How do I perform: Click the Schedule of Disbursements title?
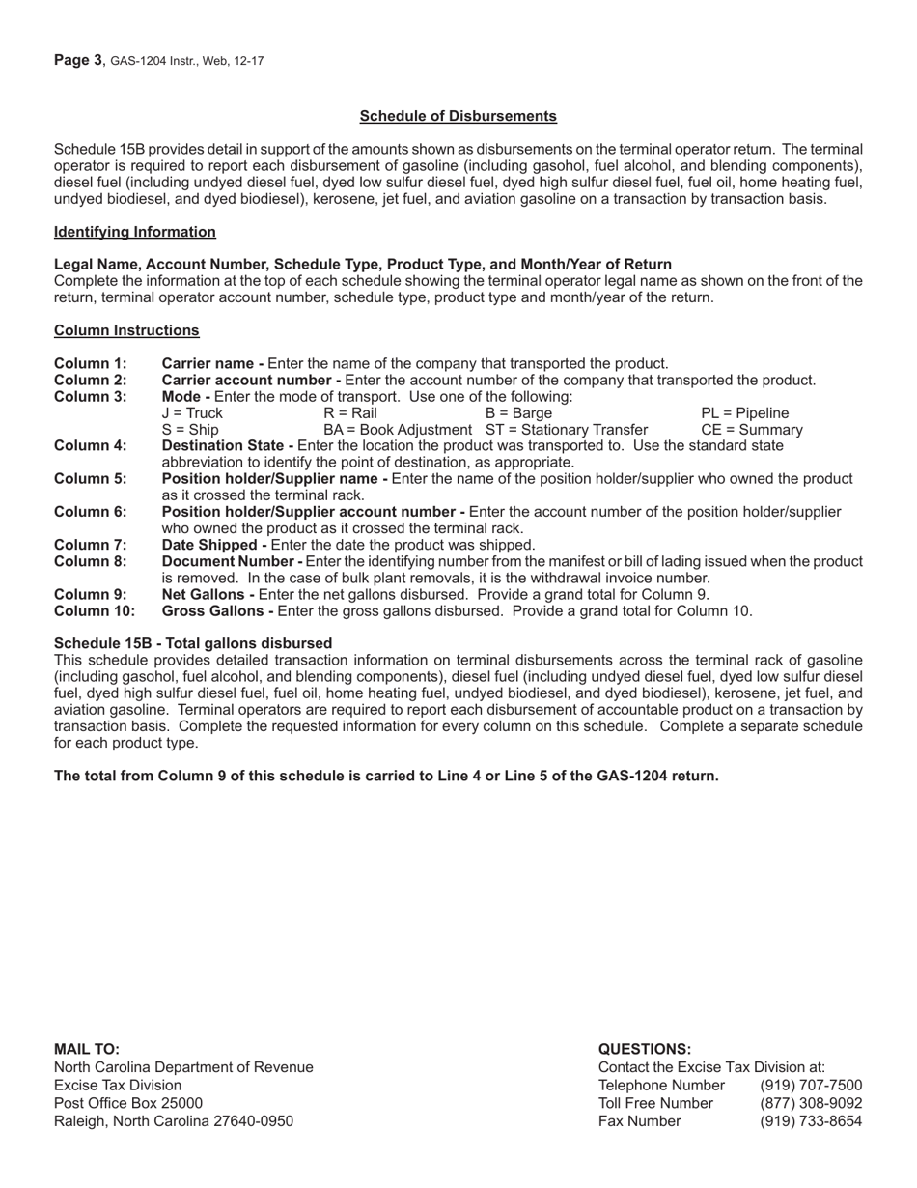pyautogui.click(x=458, y=116)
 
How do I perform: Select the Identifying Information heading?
pyautogui.click(x=135, y=232)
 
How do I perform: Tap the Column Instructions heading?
pyautogui.click(x=126, y=330)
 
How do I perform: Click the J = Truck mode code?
pyautogui.click(x=192, y=412)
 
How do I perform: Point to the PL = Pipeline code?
pyautogui.click(x=744, y=412)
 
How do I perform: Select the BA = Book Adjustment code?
pyautogui.click(x=398, y=429)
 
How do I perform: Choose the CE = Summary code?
pyautogui.click(x=751, y=429)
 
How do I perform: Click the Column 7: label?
pyautogui.click(x=90, y=545)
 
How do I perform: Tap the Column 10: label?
pyautogui.click(x=95, y=610)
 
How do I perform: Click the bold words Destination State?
pyautogui.click(x=227, y=445)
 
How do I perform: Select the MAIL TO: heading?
pyautogui.click(x=87, y=1049)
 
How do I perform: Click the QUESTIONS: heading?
pyautogui.click(x=645, y=1049)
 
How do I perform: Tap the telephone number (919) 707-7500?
pyautogui.click(x=811, y=1085)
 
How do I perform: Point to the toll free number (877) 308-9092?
pyautogui.click(x=811, y=1103)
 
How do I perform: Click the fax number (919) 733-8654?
pyautogui.click(x=811, y=1121)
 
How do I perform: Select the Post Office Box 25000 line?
pyautogui.click(x=128, y=1103)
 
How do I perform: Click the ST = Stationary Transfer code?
pyautogui.click(x=567, y=429)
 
